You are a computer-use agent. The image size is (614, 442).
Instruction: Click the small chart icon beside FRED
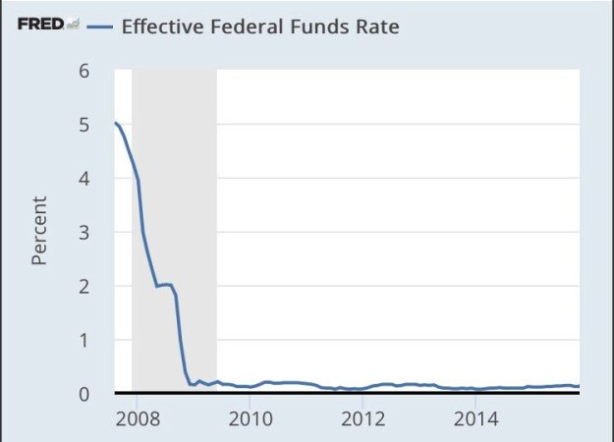click(72, 24)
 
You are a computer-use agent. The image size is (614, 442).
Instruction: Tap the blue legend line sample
click(99, 25)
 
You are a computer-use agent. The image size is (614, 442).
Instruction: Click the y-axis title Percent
click(40, 232)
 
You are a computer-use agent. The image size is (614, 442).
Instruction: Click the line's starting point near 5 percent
click(116, 123)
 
